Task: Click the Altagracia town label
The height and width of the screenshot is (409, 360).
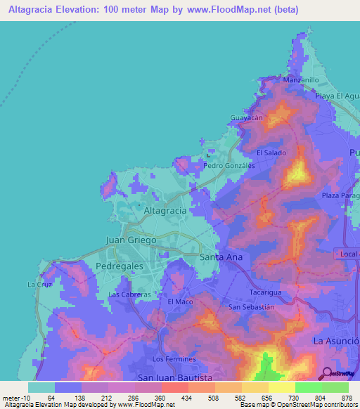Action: pyautogui.click(x=165, y=210)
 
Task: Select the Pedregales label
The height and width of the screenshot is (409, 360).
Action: pyautogui.click(x=119, y=266)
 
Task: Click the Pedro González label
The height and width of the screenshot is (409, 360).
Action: pyautogui.click(x=229, y=166)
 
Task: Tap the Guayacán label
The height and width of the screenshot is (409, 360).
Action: pyautogui.click(x=247, y=118)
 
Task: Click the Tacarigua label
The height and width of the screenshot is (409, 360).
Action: pyautogui.click(x=266, y=292)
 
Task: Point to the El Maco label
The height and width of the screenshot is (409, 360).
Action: pyautogui.click(x=180, y=301)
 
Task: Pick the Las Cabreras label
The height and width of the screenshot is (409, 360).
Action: pyautogui.click(x=130, y=294)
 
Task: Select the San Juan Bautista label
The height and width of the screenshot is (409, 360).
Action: pyautogui.click(x=174, y=377)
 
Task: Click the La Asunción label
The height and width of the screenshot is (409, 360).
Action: pyautogui.click(x=336, y=341)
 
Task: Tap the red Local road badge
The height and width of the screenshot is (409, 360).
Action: pyautogui.click(x=348, y=253)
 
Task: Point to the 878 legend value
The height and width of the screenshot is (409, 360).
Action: pyautogui.click(x=347, y=398)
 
